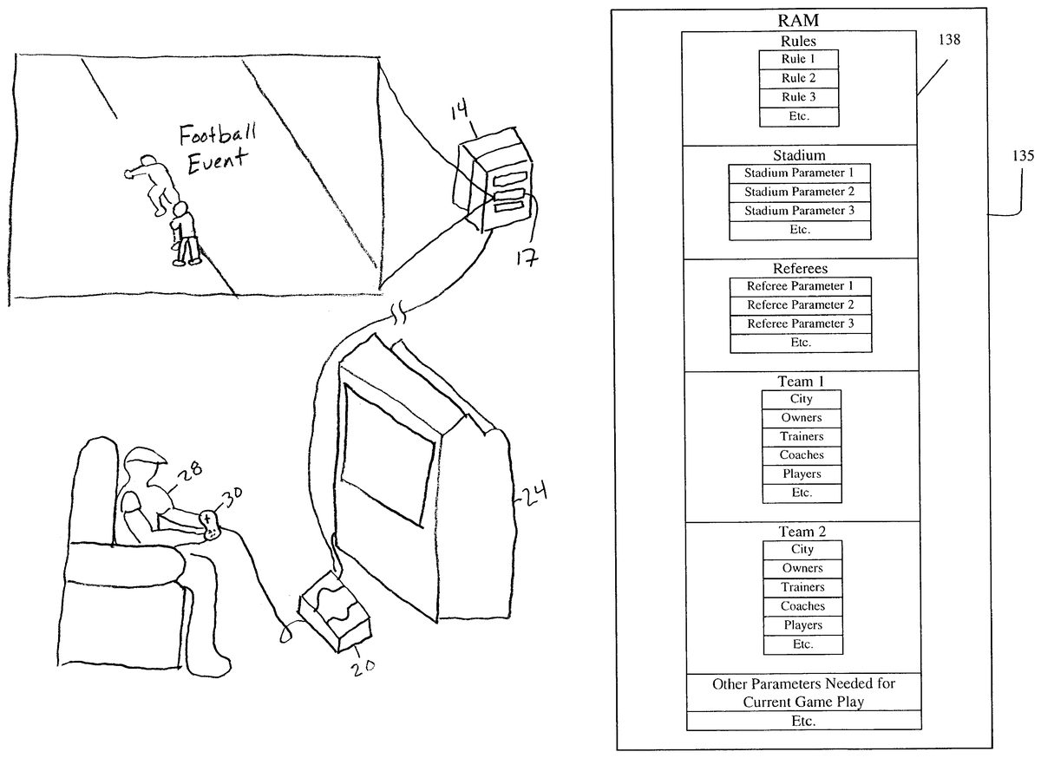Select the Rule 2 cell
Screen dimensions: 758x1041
799,79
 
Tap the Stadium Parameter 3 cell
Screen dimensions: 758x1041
799,211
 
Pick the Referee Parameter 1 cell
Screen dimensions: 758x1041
799,286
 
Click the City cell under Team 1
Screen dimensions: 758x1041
802,399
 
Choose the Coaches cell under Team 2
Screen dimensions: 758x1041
802,606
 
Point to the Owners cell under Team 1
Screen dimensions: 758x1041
802,418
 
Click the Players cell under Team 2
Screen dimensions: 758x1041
802,625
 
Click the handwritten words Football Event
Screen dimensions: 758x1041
213,148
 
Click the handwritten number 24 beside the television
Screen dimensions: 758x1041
534,497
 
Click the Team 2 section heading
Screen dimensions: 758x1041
802,530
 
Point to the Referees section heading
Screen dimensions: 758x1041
799,268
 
